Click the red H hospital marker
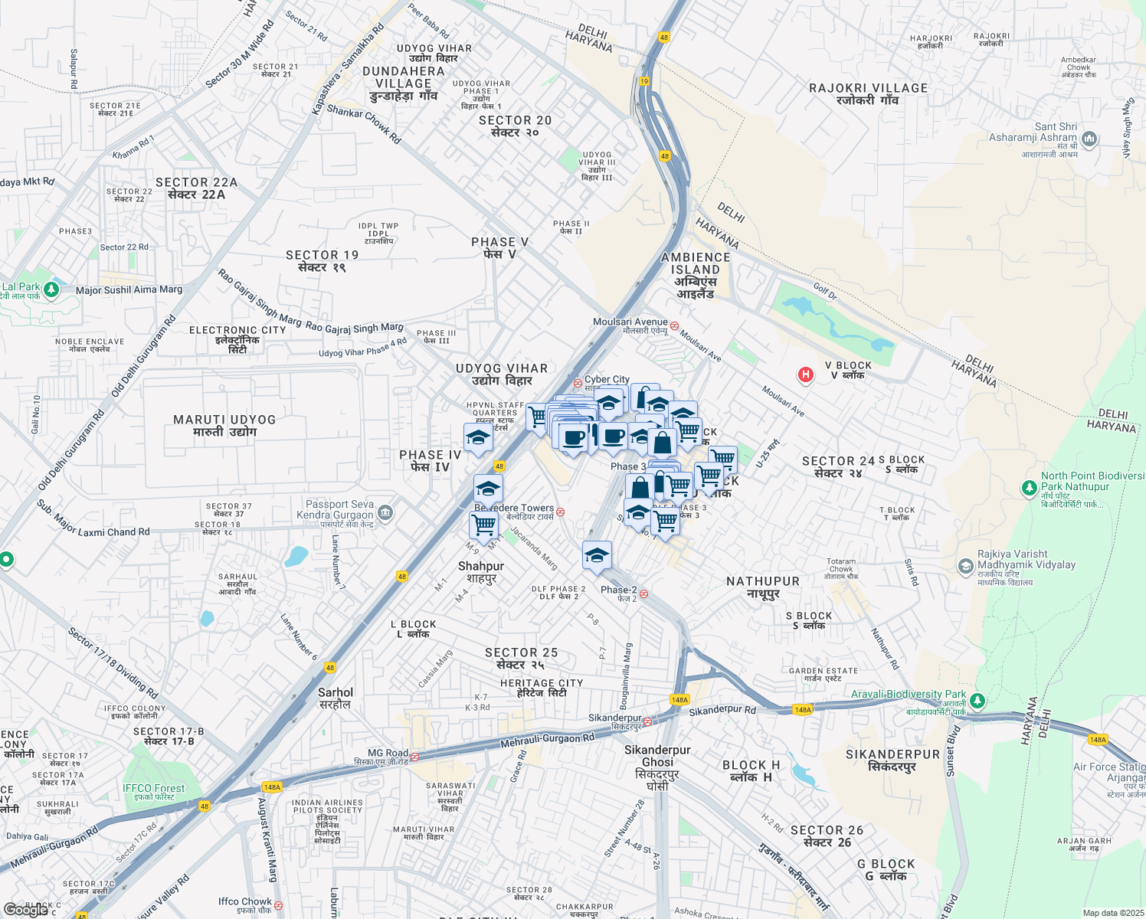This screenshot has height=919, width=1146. [805, 374]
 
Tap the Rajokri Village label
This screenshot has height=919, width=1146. [868, 93]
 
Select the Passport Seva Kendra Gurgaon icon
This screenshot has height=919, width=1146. [385, 513]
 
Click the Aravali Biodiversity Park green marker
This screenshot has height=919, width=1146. [977, 700]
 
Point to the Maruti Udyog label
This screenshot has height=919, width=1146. [224, 425]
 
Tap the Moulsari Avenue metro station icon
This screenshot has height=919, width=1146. [674, 325]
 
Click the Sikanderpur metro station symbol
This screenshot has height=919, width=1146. [648, 721]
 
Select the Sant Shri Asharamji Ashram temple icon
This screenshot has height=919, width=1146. [1089, 139]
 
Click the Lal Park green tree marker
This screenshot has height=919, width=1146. [51, 289]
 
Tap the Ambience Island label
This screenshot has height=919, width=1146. [696, 275]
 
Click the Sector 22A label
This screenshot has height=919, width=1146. [196, 188]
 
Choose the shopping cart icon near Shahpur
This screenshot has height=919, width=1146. [483, 525]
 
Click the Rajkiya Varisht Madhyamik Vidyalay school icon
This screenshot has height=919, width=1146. [966, 565]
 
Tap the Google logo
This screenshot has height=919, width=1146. [25, 910]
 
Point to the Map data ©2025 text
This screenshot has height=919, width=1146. [1113, 913]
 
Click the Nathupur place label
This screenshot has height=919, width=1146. [763, 587]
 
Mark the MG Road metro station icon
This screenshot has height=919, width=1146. [414, 757]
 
